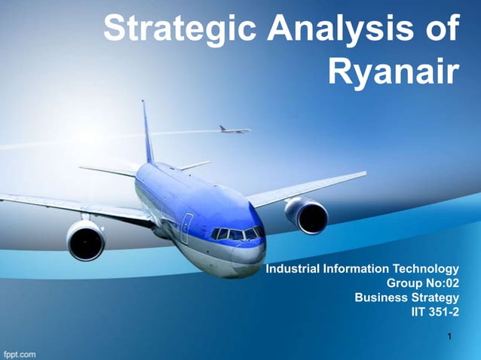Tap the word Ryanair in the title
tap(394, 72)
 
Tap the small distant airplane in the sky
tap(234, 130)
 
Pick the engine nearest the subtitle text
tap(307, 215)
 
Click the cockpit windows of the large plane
tap(237, 233)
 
